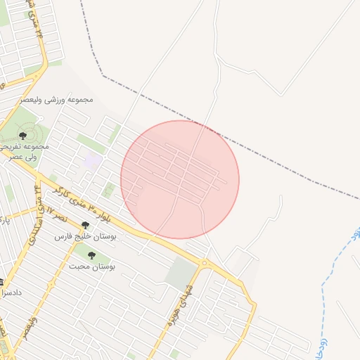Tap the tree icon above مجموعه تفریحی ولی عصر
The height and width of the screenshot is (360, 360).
click(23, 135)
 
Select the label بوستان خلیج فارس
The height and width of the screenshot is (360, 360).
click(89, 237)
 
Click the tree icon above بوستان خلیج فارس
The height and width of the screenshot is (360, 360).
click(86, 225)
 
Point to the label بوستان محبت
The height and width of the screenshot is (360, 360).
click(91, 267)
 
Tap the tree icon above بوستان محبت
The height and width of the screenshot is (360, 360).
click(91, 255)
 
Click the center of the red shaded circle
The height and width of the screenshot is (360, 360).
click(180, 179)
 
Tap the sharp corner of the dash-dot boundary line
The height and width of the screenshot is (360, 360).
click(103, 74)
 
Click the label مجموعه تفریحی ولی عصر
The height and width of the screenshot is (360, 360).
click(25, 150)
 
